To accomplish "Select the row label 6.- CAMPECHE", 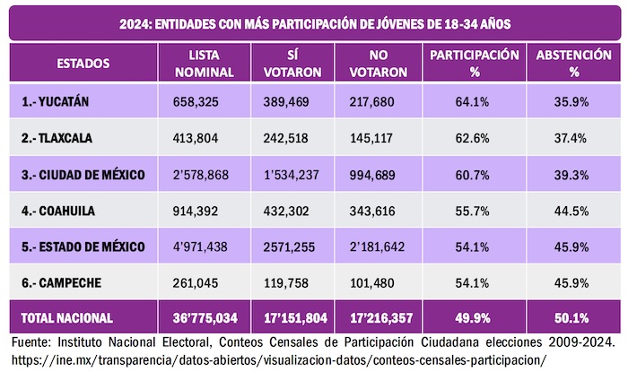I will point(64,282).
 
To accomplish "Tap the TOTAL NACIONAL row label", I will point(67,317).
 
